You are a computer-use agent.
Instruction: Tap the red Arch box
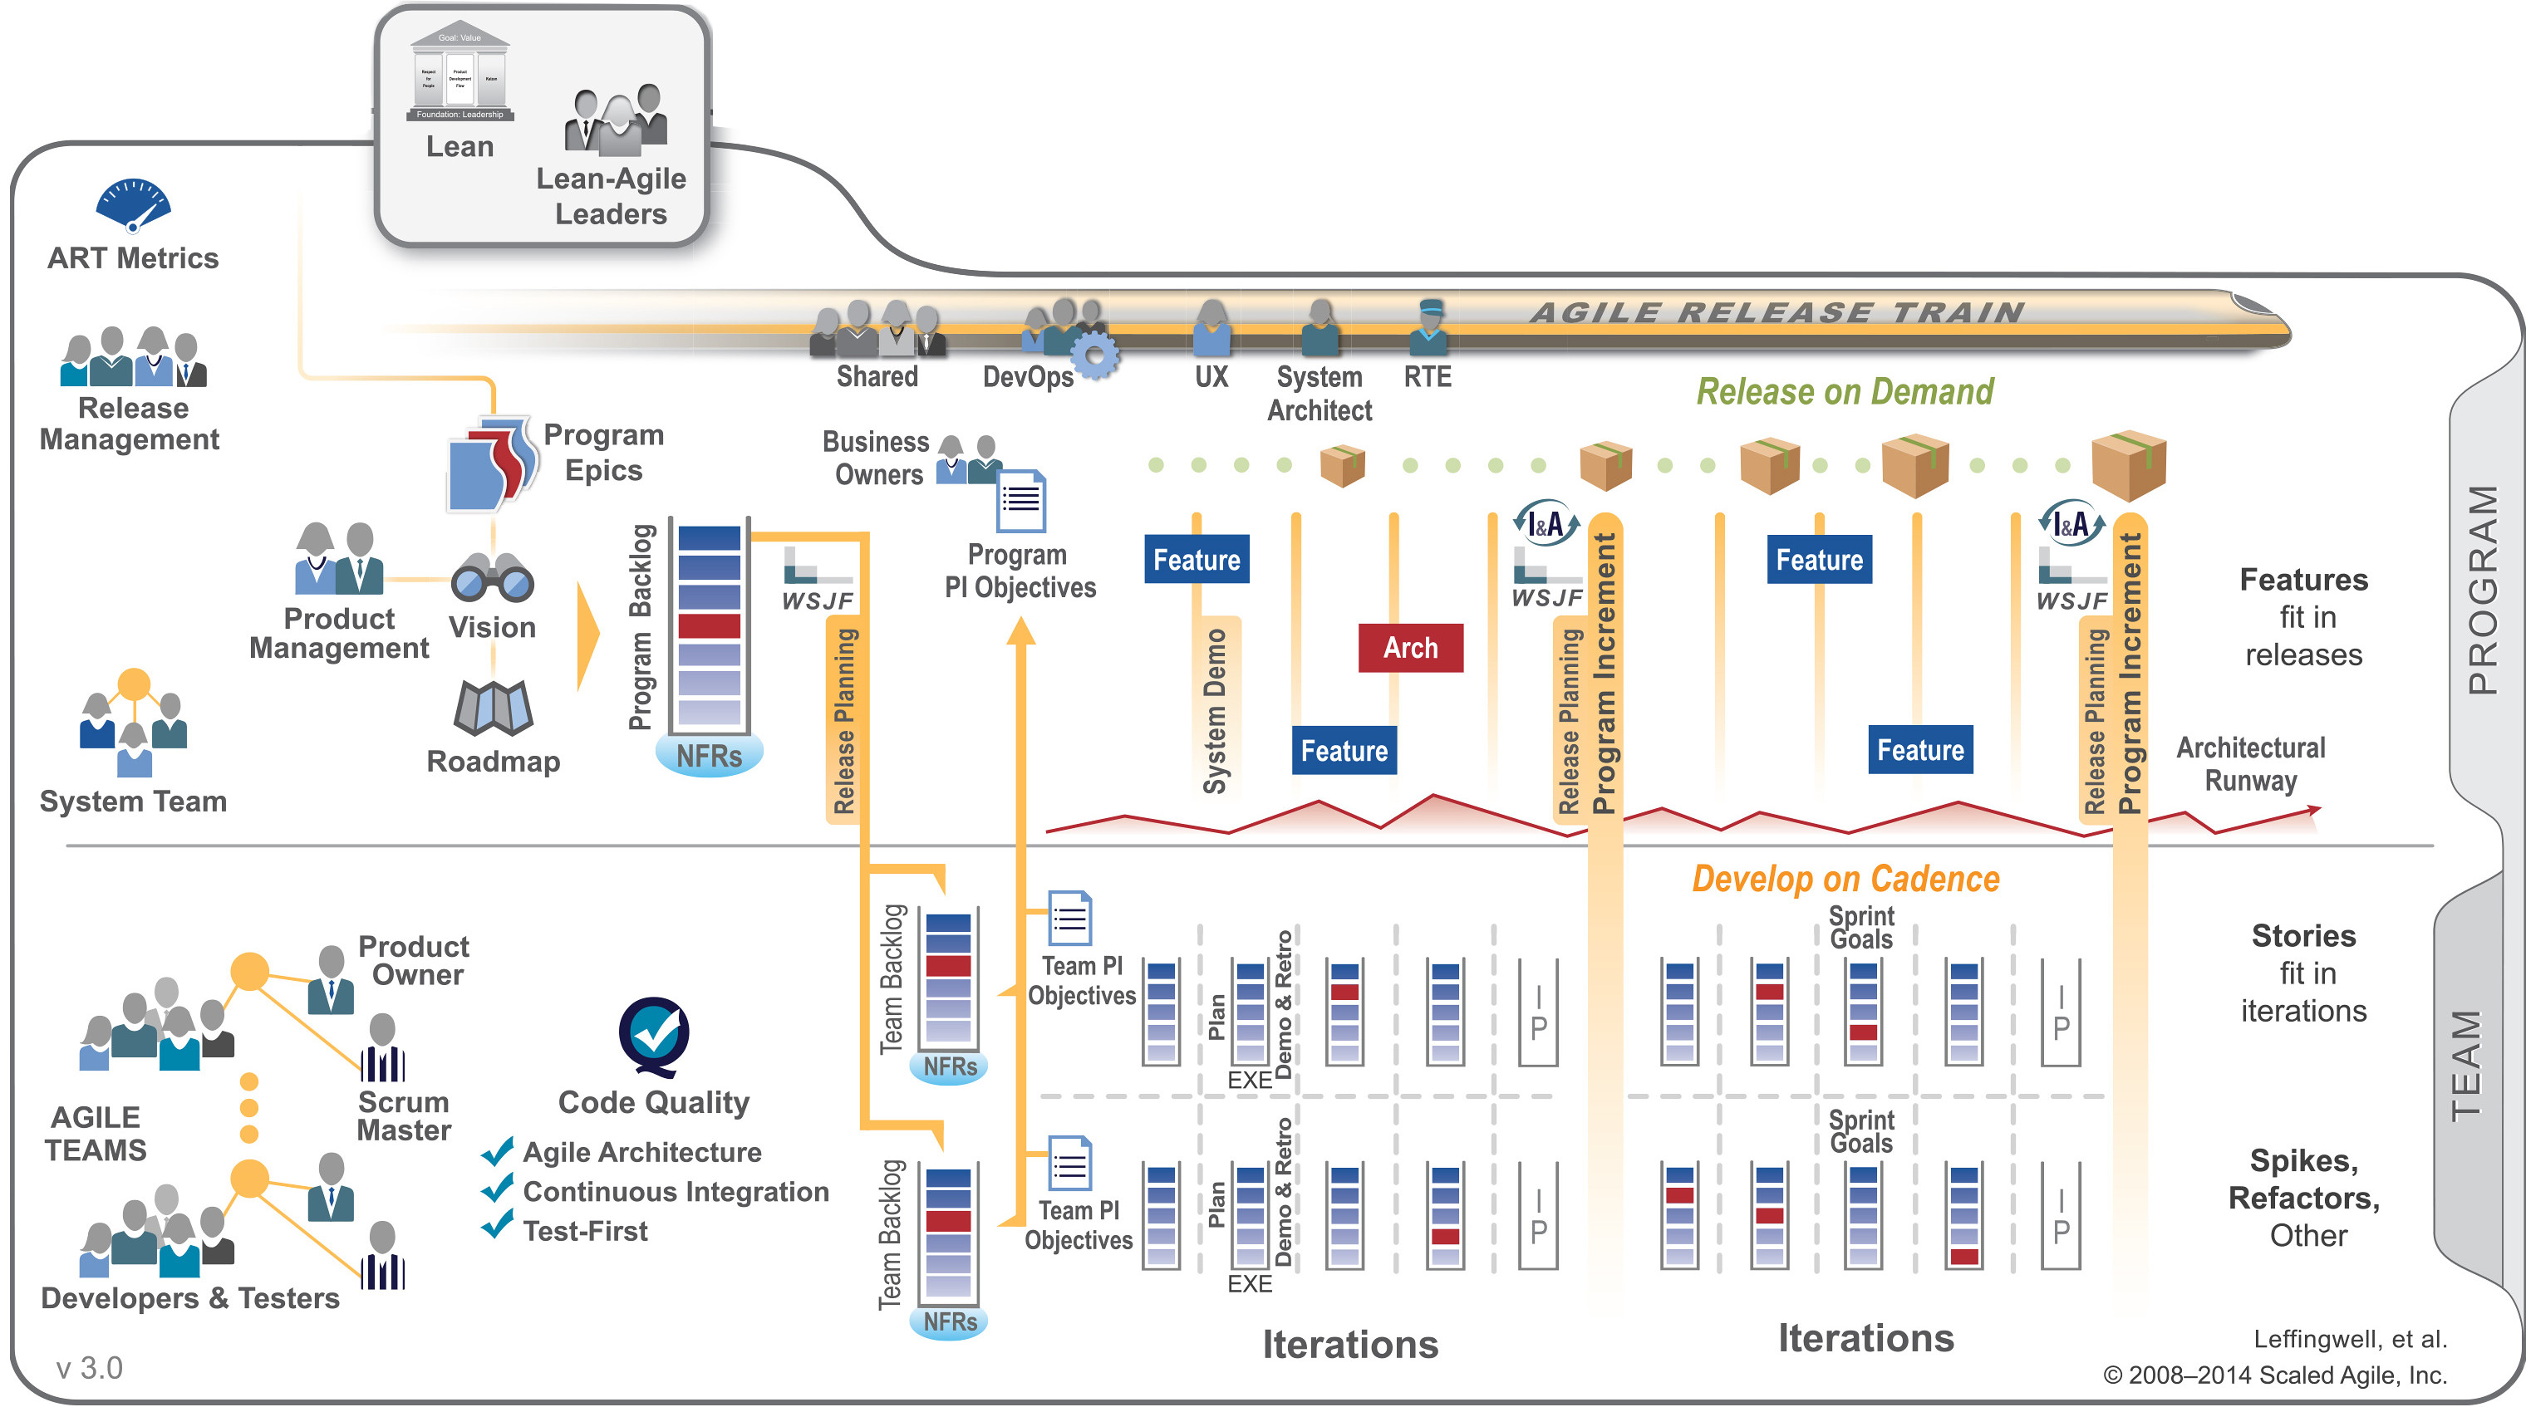click(1410, 648)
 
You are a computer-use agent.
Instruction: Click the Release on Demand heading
click(1845, 391)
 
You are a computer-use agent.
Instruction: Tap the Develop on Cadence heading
click(1845, 879)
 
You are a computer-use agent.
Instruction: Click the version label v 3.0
click(89, 1368)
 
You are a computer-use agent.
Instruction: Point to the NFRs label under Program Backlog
click(709, 757)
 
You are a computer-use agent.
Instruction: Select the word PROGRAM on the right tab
click(2482, 589)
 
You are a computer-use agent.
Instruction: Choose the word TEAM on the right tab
click(2466, 1066)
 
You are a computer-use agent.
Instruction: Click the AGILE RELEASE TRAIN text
click(1776, 313)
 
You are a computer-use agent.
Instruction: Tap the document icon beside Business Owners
click(1021, 500)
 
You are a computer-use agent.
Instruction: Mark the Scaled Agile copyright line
click(2275, 1375)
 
